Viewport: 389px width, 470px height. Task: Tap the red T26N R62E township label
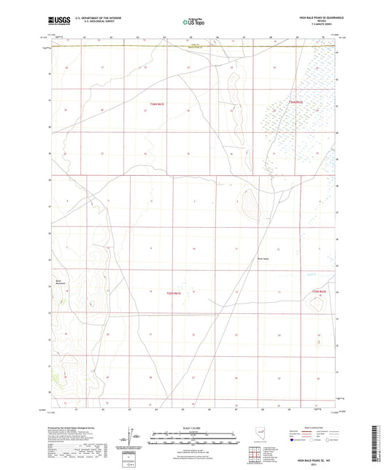[x=296, y=102]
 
